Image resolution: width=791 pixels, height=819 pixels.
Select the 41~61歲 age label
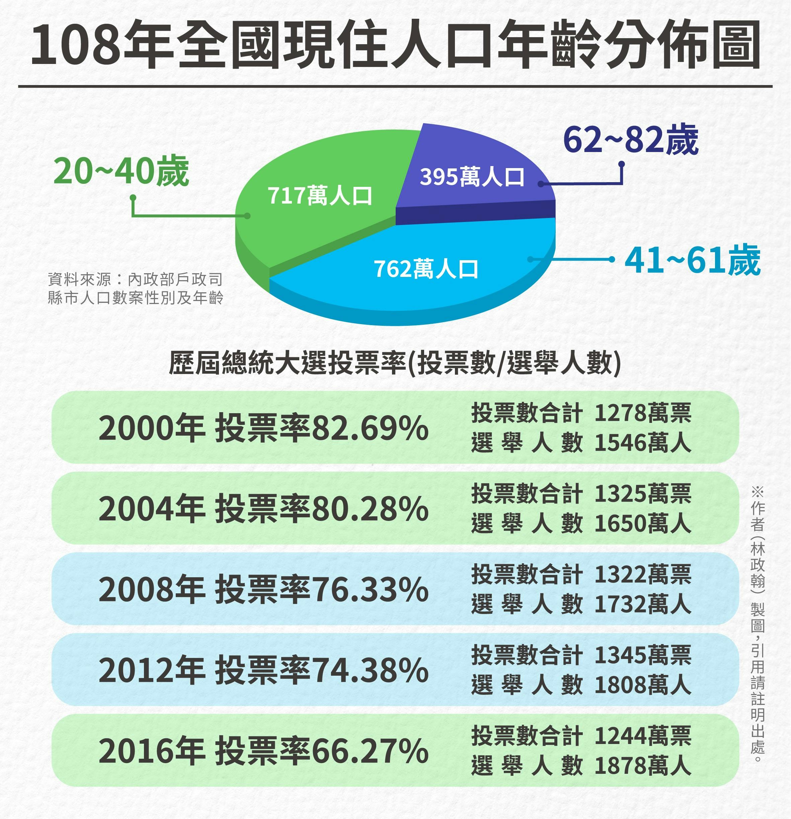point(692,261)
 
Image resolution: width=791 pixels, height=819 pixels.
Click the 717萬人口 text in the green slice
point(320,196)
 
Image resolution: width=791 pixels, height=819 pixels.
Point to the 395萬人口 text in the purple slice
point(472,177)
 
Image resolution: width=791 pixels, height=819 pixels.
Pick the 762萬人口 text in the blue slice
point(426,269)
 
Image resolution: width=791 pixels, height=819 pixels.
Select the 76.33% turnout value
point(370,590)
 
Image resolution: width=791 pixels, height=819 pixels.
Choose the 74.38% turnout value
point(370,671)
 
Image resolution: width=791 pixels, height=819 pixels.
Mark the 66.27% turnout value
point(370,752)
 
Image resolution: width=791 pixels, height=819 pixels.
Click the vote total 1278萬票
point(643,413)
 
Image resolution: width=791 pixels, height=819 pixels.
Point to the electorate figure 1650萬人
point(643,524)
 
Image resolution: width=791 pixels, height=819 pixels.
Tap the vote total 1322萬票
point(643,575)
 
